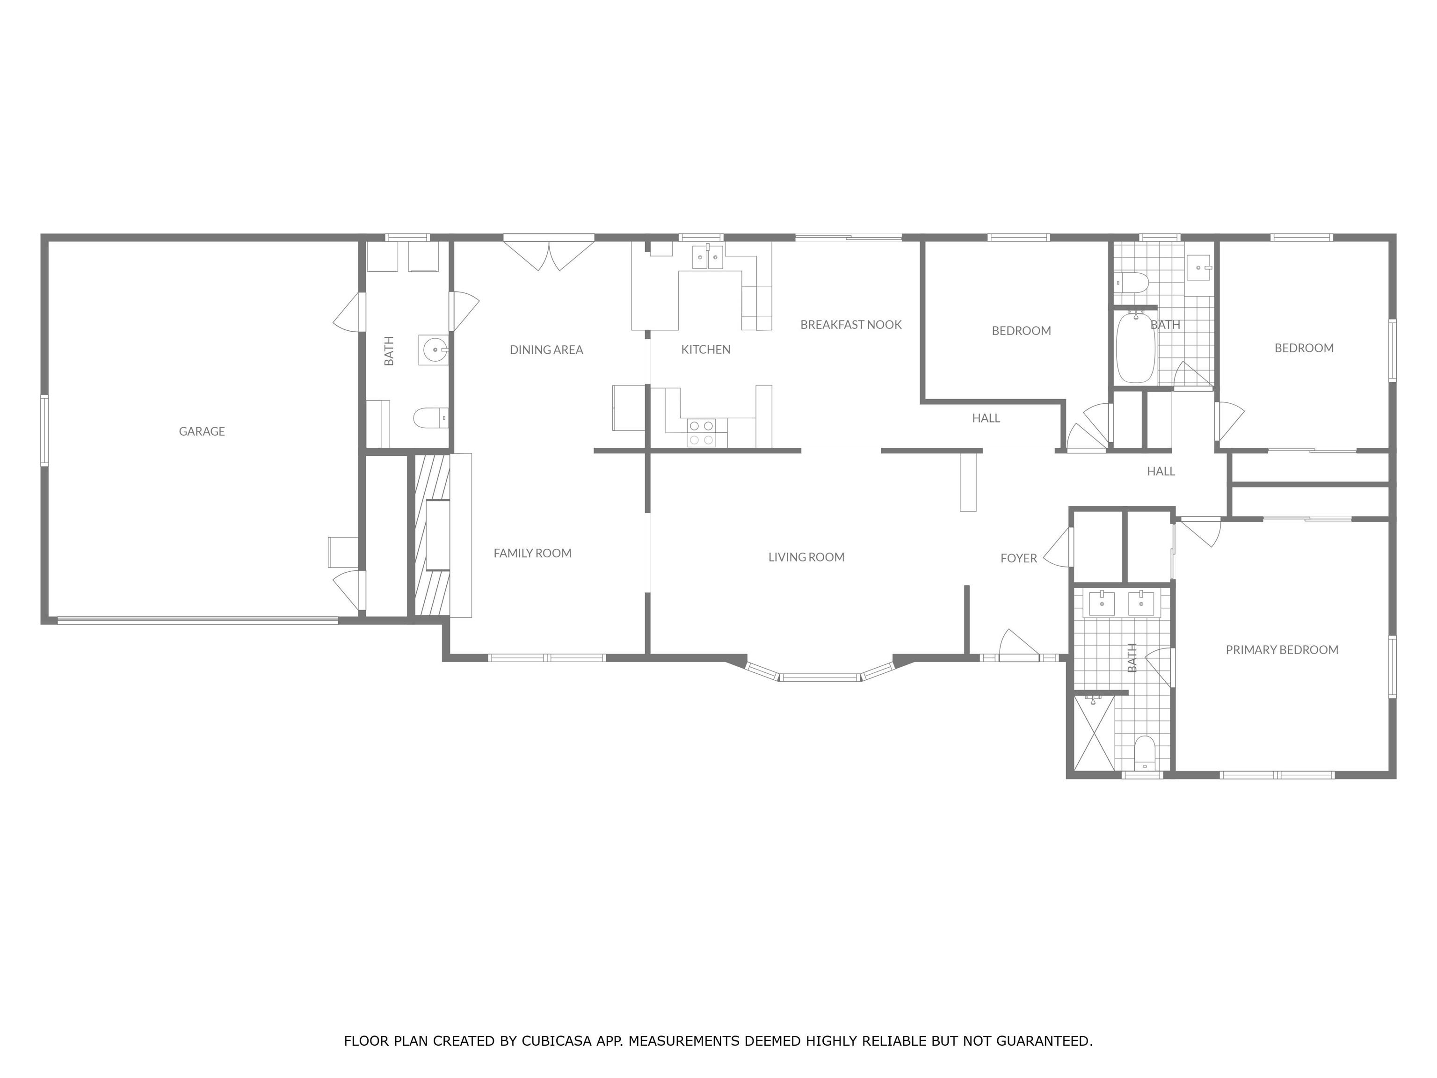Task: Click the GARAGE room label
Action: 202,431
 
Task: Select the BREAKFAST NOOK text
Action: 850,325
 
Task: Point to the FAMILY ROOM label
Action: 532,554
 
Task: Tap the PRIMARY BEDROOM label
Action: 1281,650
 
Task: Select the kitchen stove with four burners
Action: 701,433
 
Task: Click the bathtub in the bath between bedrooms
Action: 1135,348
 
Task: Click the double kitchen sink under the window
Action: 707,257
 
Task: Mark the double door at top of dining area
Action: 550,255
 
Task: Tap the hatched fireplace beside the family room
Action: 432,535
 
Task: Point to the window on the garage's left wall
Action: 44,431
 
